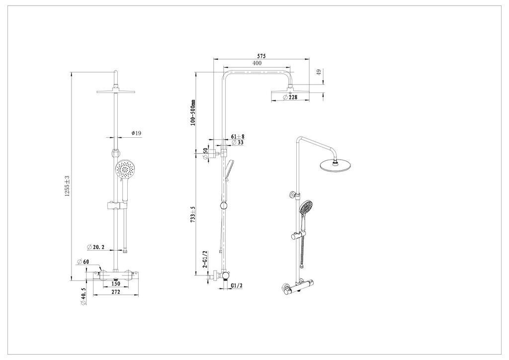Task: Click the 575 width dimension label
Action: tap(261, 56)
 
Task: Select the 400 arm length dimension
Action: tap(256, 63)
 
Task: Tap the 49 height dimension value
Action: tap(319, 72)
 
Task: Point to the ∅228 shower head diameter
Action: tap(290, 97)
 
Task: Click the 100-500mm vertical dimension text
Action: tap(193, 113)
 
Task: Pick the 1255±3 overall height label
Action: tap(67, 186)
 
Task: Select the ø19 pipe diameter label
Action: tap(136, 133)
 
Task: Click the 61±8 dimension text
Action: tap(238, 136)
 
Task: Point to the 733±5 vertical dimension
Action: tap(193, 214)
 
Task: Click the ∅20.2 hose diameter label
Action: tap(96, 247)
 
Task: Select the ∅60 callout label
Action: tap(83, 262)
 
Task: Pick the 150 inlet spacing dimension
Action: tap(115, 284)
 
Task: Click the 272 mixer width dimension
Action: tap(115, 292)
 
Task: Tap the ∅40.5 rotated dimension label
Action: tap(83, 296)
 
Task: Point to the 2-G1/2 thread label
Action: tap(205, 260)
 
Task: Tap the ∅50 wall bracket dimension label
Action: tap(205, 153)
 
